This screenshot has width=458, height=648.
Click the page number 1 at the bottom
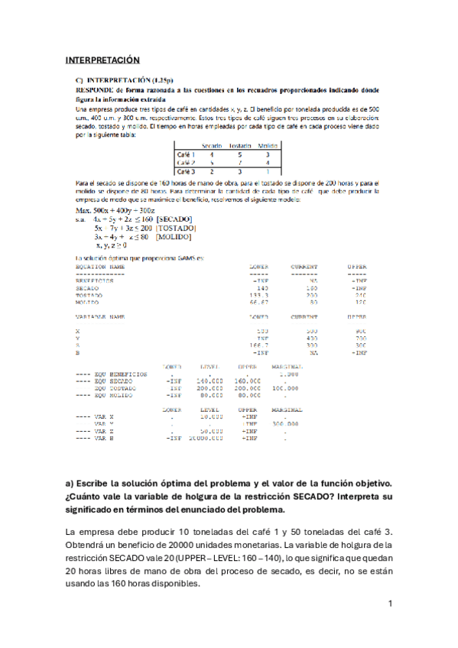[390, 604]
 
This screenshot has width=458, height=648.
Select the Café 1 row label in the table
[186, 154]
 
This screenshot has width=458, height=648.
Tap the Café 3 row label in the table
[186, 172]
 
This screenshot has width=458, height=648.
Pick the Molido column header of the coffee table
[268, 145]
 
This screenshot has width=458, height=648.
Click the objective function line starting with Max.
[112, 209]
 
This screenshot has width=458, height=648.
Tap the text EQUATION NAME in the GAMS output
[100, 267]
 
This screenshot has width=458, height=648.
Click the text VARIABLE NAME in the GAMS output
[100, 316]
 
